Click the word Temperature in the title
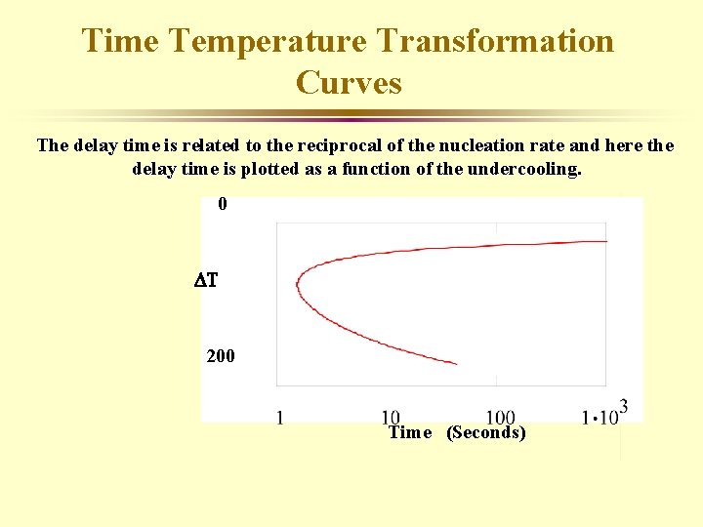256,41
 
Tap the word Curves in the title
349,83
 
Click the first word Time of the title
122,41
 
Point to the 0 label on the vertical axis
223,204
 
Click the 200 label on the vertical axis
221,356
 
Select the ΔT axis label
205,281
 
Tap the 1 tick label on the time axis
279,419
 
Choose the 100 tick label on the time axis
500,419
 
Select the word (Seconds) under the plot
485,432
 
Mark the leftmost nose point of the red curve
297,284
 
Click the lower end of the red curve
456,364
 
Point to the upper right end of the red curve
606,240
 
